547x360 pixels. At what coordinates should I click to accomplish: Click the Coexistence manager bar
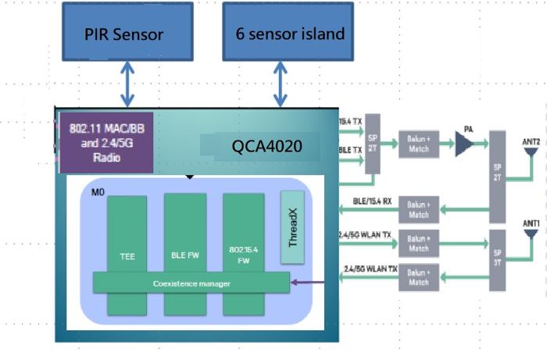[x=191, y=283]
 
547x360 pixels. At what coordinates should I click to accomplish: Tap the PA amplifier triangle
[x=465, y=144]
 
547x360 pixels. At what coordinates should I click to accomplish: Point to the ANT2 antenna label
[x=531, y=141]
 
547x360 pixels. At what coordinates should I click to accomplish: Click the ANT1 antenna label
[x=531, y=223]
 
